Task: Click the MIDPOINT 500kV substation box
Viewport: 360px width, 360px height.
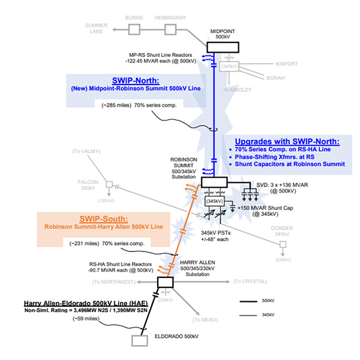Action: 222,47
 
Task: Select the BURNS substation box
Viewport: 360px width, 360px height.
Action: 134,28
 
